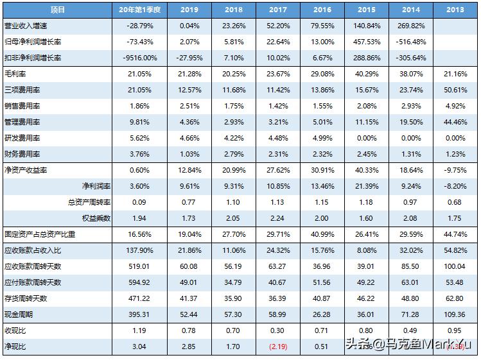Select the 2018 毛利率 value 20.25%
(233, 74)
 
